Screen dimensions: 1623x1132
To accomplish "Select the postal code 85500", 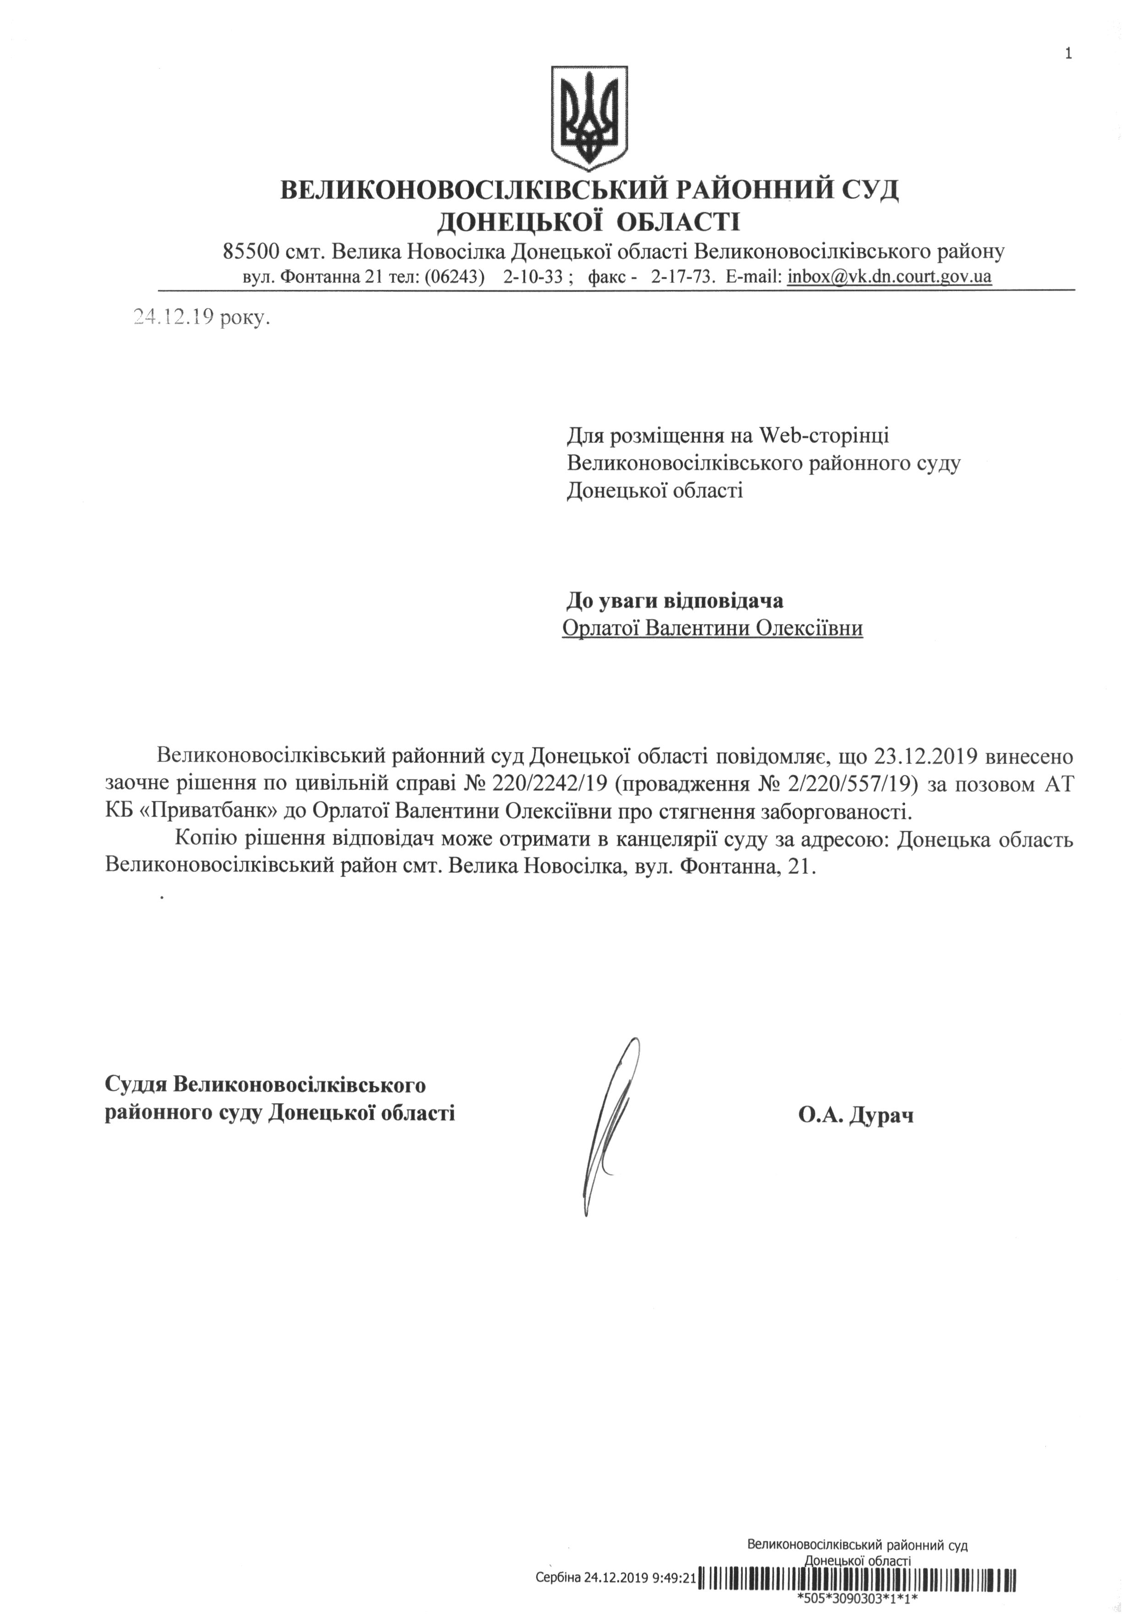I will pos(252,251).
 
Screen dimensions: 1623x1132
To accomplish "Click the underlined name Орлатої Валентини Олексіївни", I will pos(712,628).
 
